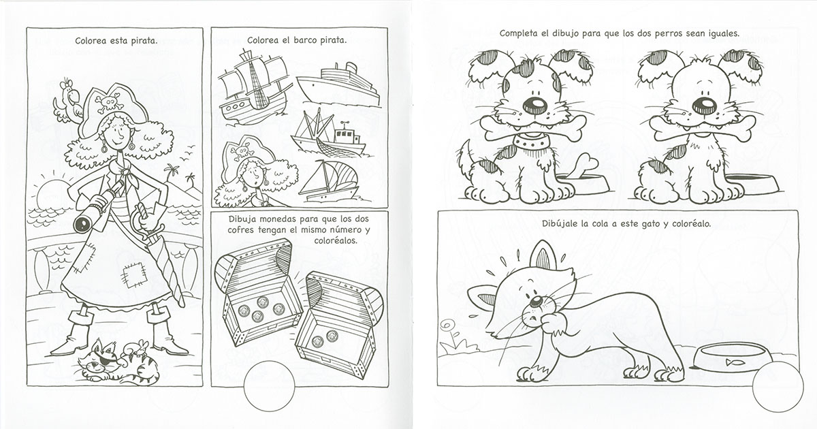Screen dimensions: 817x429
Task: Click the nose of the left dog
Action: tap(535, 105)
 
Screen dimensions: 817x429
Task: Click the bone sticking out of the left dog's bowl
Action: tap(583, 166)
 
